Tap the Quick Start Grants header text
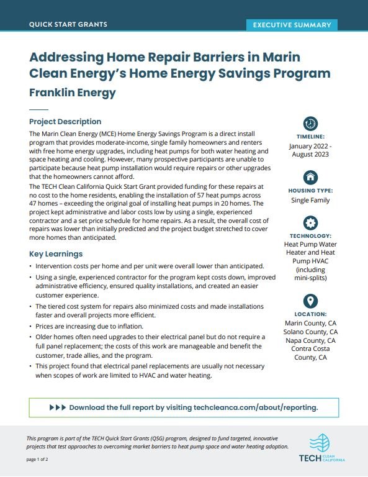coord(68,25)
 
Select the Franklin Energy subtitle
coord(73,93)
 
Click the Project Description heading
coord(65,122)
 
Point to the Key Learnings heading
coord(56,254)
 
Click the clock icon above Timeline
coord(311,123)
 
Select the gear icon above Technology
coord(311,222)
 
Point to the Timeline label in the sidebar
coord(311,137)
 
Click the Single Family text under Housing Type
coord(311,201)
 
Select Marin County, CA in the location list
coord(311,324)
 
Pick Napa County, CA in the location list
coord(311,340)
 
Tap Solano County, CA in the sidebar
coord(311,332)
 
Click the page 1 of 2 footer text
coord(42,459)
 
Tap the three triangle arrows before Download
coord(56,407)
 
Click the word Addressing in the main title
coord(68,57)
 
